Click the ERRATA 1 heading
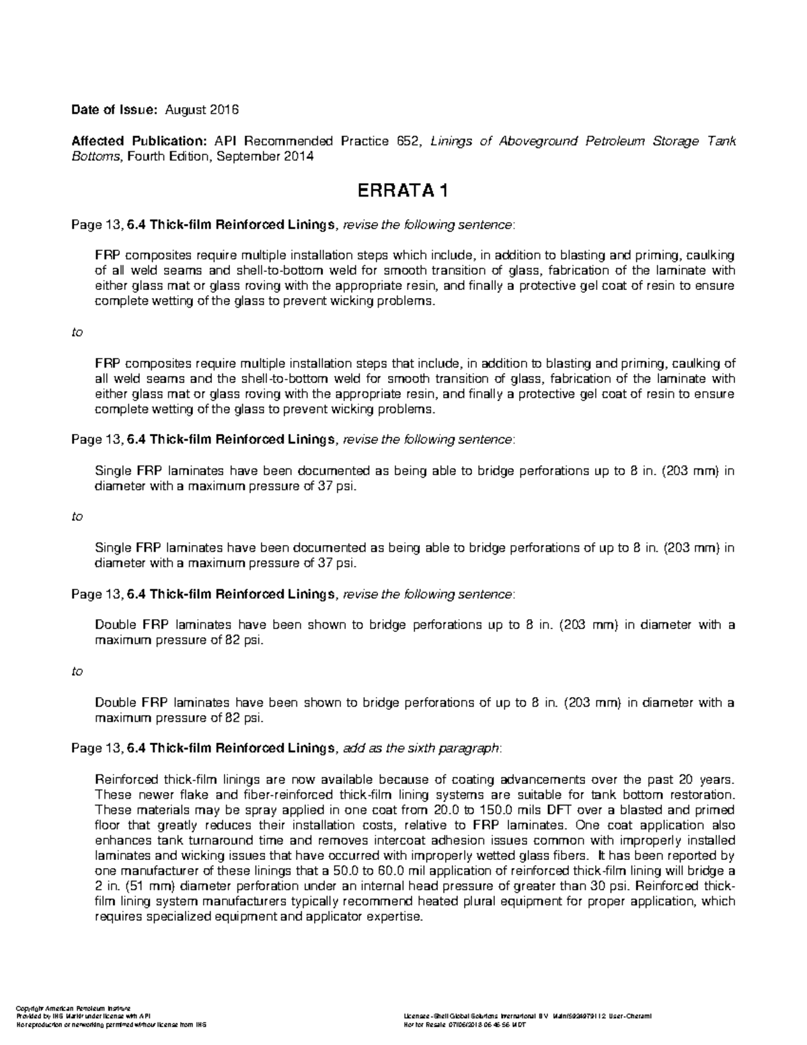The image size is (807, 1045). [403, 192]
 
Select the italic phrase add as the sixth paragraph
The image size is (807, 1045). [422, 748]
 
